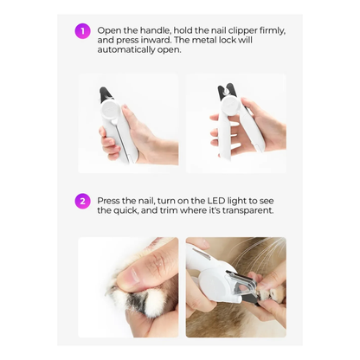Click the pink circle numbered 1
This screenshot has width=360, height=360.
(83, 31)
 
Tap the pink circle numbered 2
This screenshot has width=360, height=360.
(83, 202)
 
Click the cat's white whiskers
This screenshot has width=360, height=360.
(264, 260)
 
